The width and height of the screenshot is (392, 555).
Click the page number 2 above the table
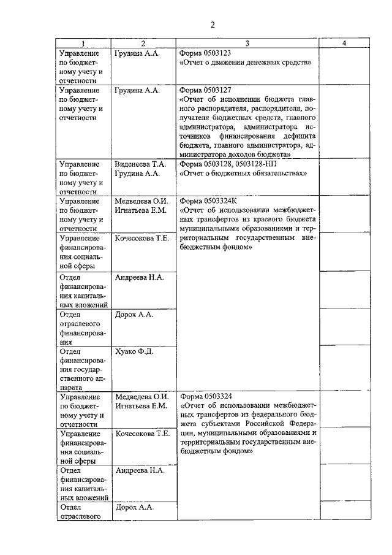213,25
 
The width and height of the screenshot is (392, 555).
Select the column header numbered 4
345,44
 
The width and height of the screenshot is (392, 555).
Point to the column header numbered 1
83,44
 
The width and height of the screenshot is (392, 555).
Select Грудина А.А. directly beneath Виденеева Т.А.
137,174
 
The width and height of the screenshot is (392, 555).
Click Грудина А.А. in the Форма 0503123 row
137,53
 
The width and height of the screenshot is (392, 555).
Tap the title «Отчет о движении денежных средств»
246,63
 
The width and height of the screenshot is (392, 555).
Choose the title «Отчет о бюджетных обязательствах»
243,174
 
